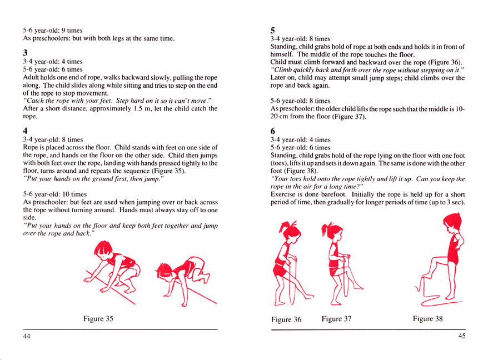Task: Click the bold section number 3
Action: [26, 53]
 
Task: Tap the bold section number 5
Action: [272, 31]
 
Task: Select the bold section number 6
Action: [272, 130]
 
